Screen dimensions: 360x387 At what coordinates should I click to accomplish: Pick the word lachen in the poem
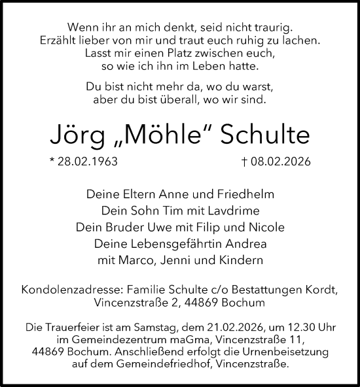303,41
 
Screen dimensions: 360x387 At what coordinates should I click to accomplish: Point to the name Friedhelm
242,194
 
